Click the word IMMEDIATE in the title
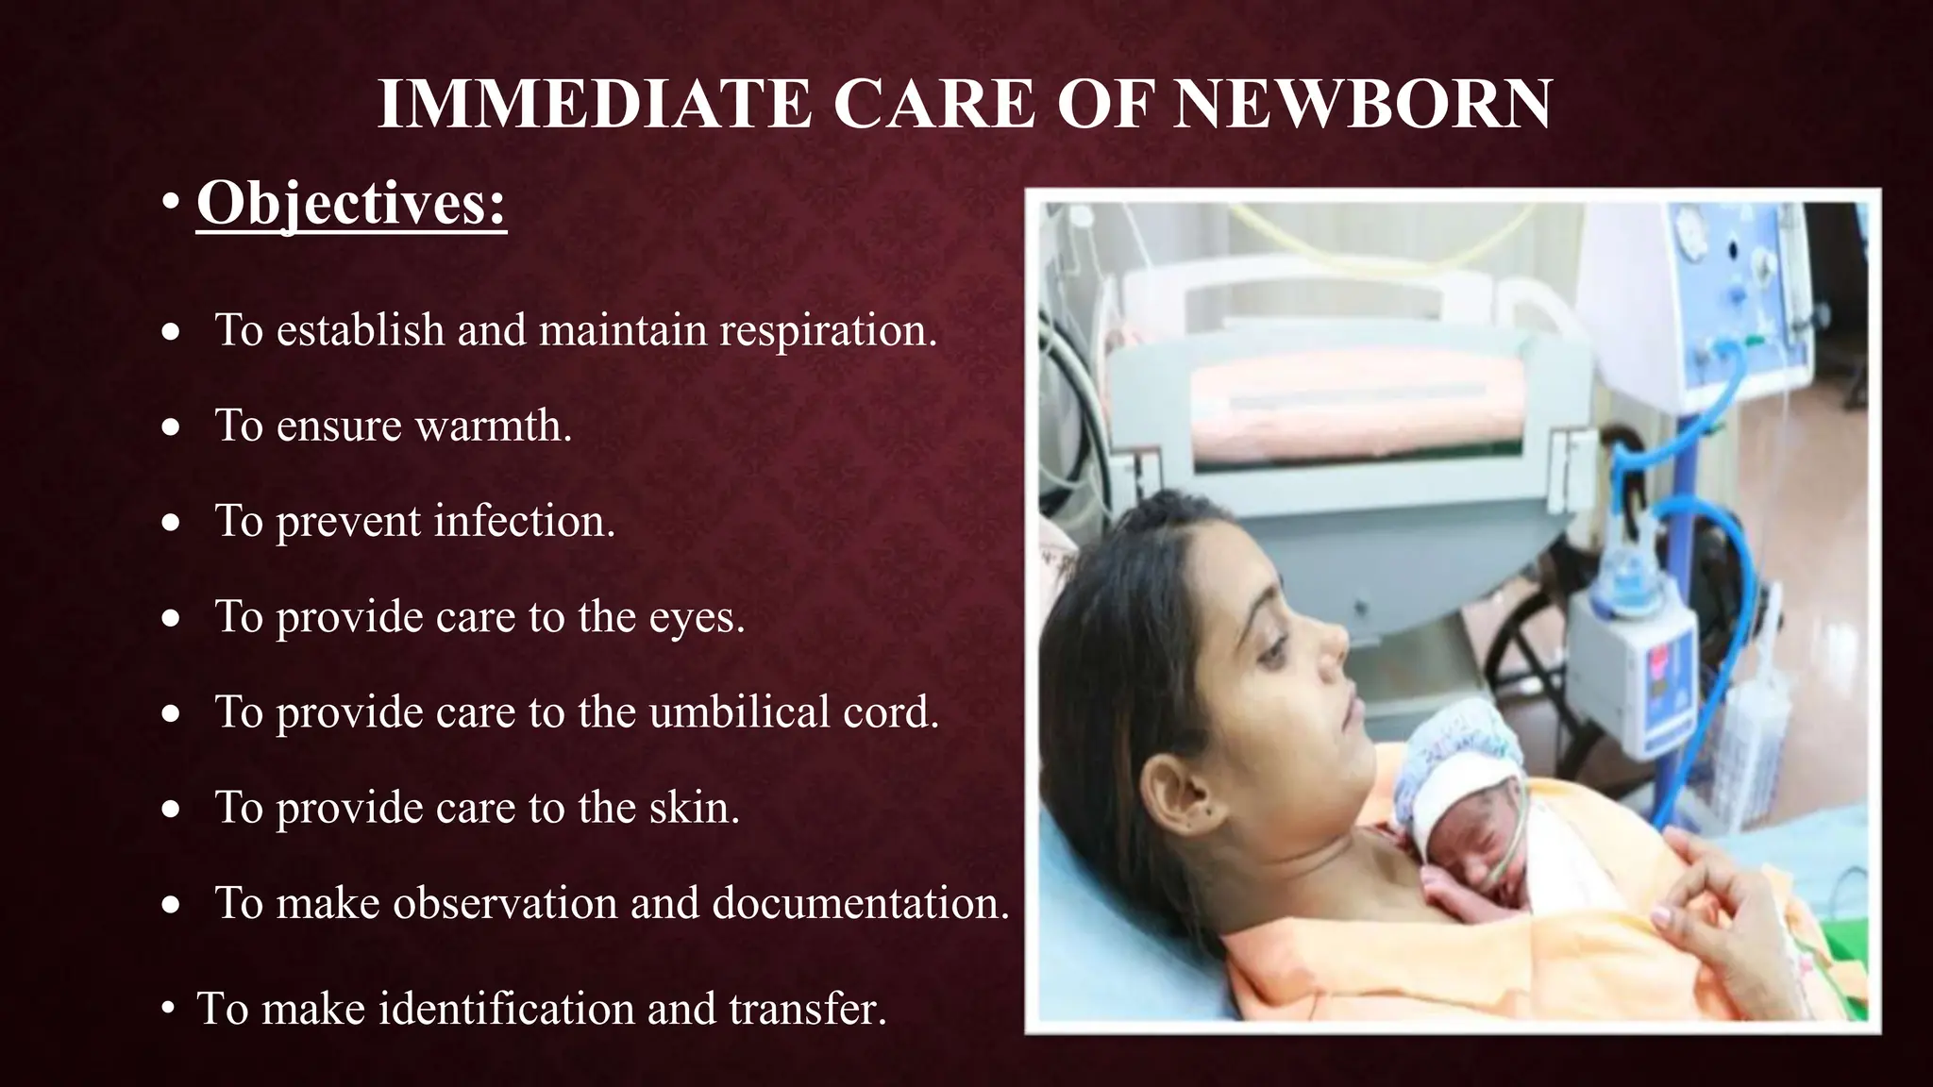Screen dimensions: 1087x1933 (594, 104)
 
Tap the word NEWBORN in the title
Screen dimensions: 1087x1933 (1362, 104)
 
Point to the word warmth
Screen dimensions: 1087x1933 (494, 426)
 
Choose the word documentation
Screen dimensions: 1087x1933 (861, 902)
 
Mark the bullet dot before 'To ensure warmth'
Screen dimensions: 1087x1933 (170, 428)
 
